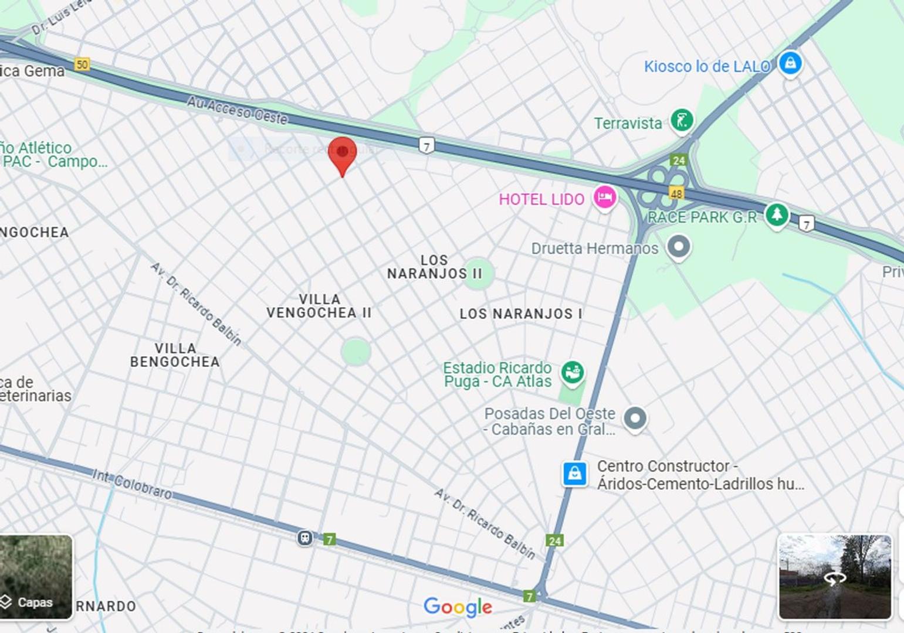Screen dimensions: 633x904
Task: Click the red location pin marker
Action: click(x=342, y=154)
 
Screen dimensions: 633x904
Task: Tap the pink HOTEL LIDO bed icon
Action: click(x=604, y=197)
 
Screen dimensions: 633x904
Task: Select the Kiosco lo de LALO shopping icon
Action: click(x=790, y=63)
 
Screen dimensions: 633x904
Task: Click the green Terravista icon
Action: click(x=682, y=121)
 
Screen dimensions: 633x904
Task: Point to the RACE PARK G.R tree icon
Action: click(x=777, y=215)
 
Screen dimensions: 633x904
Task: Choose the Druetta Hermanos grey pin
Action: click(x=679, y=246)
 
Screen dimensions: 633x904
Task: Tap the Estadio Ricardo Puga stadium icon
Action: click(x=572, y=372)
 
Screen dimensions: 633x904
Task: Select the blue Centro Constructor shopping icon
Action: click(x=574, y=474)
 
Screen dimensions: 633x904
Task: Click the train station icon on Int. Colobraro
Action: click(x=304, y=537)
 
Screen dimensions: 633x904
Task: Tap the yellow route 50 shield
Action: click(x=82, y=64)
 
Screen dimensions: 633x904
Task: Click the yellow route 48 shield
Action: click(x=676, y=193)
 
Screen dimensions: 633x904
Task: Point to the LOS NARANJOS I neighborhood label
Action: click(x=520, y=314)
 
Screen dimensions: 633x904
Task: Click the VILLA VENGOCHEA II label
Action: click(x=319, y=307)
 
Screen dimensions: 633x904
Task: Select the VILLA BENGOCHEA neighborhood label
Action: click(x=175, y=355)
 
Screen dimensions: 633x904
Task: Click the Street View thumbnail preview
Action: click(x=834, y=577)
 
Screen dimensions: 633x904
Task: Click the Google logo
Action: click(x=458, y=607)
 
